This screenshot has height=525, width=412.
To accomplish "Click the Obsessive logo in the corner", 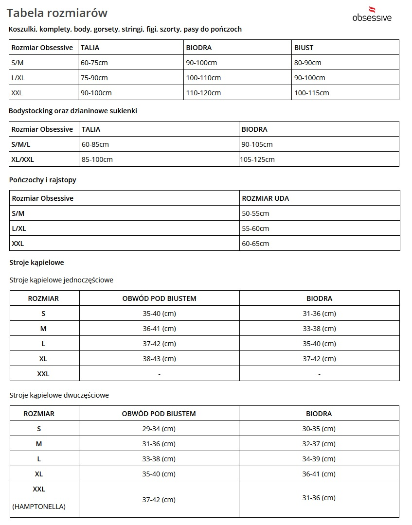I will (x=372, y=14).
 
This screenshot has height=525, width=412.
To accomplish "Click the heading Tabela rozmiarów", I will (x=57, y=13).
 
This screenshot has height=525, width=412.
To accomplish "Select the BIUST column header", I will (x=304, y=48).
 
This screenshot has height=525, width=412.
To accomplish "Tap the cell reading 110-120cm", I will (x=203, y=93).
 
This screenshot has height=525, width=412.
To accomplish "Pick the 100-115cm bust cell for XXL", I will (x=311, y=93).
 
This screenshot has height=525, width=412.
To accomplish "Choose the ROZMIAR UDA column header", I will (x=266, y=198).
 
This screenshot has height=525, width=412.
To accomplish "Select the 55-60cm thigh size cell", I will (x=255, y=228).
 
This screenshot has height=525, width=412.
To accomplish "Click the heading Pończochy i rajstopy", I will (x=43, y=180).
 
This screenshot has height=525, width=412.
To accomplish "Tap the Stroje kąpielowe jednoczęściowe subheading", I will (x=61, y=280).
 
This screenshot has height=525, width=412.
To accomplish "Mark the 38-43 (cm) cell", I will (x=159, y=359).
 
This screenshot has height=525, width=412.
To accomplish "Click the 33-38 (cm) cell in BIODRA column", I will (x=319, y=329).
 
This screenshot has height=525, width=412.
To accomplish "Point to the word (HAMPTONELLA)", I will (x=39, y=507).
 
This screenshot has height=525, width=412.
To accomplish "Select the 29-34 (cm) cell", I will (x=159, y=429).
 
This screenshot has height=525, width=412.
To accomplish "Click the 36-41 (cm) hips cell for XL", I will (x=319, y=474).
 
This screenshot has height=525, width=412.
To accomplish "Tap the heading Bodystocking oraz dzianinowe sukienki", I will (x=73, y=111).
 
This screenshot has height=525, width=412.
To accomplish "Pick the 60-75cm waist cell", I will (x=94, y=63).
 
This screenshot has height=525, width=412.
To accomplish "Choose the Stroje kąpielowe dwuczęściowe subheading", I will (x=59, y=395).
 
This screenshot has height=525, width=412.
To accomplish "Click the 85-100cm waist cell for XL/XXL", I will (x=97, y=159).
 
